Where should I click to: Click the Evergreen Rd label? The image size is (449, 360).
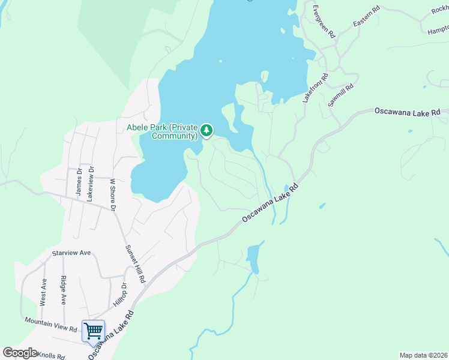click(x=322, y=23)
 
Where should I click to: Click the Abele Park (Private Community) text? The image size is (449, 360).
click(x=162, y=131)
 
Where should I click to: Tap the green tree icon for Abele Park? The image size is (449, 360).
click(x=206, y=130)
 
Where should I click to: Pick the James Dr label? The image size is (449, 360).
click(x=78, y=181)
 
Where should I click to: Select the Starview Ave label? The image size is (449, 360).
click(x=71, y=253)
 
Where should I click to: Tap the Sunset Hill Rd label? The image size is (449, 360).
click(x=135, y=264)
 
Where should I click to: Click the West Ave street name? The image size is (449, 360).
click(x=43, y=292)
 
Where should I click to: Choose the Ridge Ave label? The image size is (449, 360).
click(x=64, y=290)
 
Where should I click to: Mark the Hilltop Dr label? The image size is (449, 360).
click(x=120, y=296)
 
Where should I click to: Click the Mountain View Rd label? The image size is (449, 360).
click(x=51, y=325)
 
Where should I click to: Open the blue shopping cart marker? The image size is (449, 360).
click(x=93, y=331)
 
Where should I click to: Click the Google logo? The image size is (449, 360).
click(x=20, y=353)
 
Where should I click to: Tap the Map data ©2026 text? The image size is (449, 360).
click(x=423, y=355)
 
